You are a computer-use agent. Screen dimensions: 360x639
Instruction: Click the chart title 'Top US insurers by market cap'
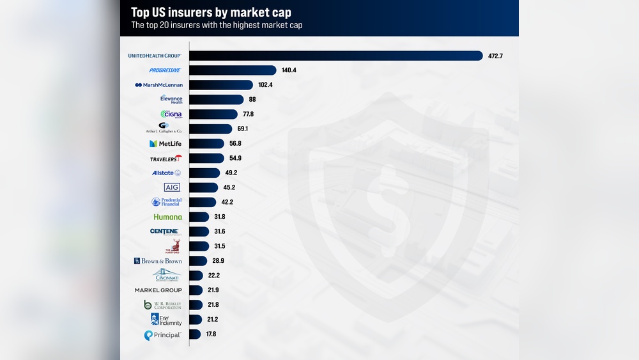pyautogui.click(x=211, y=12)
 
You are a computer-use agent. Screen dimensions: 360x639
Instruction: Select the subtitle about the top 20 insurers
pyautogui.click(x=217, y=26)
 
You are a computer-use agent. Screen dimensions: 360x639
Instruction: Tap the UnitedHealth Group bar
pyautogui.click(x=335, y=56)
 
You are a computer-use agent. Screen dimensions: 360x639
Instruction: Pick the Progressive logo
pyautogui.click(x=165, y=70)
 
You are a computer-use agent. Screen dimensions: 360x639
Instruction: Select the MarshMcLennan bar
pyautogui.click(x=221, y=85)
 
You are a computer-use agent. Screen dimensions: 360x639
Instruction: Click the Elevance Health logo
pyautogui.click(x=171, y=99)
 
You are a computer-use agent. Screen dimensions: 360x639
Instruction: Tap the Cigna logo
pyautogui.click(x=171, y=114)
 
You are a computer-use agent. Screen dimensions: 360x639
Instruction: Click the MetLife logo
pyautogui.click(x=166, y=144)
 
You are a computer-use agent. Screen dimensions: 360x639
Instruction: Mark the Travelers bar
pyautogui.click(x=206, y=159)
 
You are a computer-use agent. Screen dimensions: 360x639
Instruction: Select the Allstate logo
pyautogui.click(x=166, y=173)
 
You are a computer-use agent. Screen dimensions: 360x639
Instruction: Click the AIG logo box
pyautogui.click(x=172, y=187)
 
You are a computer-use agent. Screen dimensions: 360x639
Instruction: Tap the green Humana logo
pyautogui.click(x=167, y=217)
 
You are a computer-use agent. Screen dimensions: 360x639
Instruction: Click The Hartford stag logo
pyautogui.click(x=173, y=246)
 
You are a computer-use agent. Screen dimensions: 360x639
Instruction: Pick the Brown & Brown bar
pyautogui.click(x=198, y=261)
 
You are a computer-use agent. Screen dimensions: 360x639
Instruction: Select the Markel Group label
pyautogui.click(x=158, y=290)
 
